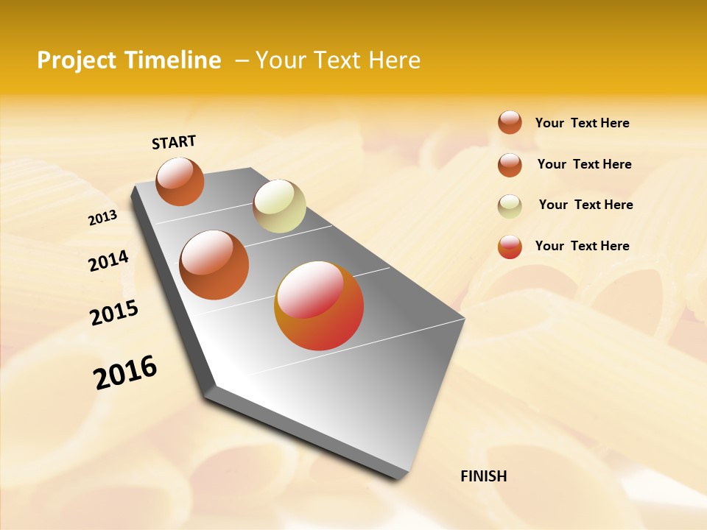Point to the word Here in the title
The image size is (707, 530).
394,60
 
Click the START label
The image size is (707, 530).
174,142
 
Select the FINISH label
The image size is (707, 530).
484,476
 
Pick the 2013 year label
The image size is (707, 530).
103,217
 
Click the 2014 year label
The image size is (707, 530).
108,261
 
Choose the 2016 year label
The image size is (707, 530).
125,372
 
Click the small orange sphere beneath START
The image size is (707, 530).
180,181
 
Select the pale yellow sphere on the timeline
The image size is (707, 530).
279,205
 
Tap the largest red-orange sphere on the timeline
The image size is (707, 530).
319,305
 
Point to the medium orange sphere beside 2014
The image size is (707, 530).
214,264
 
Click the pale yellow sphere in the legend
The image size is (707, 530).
510,205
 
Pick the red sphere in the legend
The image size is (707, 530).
510,247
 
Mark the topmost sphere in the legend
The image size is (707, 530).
510,122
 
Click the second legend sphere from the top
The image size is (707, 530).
510,164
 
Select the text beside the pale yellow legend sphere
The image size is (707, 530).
585,205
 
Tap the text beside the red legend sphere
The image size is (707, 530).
582,246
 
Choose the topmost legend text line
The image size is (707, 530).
582,123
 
